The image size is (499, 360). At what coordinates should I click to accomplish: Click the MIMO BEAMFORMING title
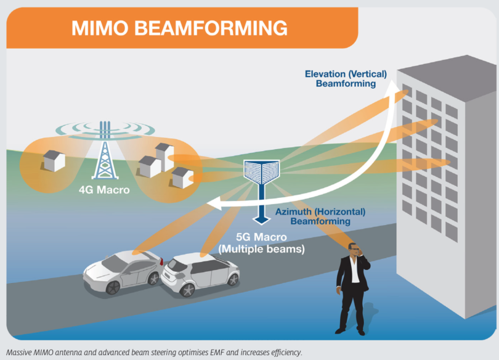point(179,28)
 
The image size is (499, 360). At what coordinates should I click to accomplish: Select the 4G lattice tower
point(105,154)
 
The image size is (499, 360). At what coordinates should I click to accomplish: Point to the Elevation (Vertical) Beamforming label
point(346,78)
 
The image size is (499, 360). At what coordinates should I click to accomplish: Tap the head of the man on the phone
point(354,250)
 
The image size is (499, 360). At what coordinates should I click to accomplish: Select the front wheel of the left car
point(113,287)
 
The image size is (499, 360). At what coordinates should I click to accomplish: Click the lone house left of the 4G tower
point(54,160)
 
